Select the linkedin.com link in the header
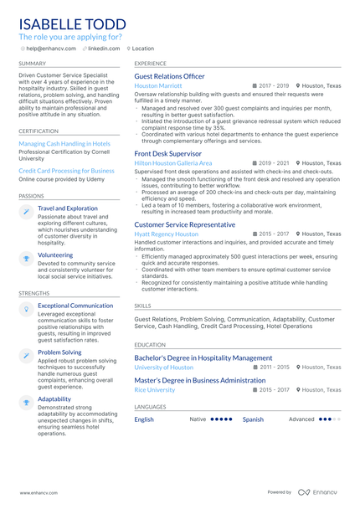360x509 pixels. pos(104,49)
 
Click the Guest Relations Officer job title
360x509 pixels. pos(169,76)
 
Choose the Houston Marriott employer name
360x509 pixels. pos(157,85)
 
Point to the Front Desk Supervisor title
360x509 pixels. pos(167,153)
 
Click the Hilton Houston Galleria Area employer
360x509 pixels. pos(172,163)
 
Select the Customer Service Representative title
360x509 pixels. pos(184,224)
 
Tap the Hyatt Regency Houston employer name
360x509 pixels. pos(166,234)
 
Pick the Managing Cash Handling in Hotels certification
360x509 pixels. pos(64,143)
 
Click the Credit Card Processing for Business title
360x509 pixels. pos(66,170)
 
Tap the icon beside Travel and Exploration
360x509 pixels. pos(27,212)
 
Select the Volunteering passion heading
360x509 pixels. pos(55,254)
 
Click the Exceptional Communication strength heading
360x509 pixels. pos(75,306)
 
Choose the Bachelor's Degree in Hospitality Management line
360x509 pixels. pos(203,357)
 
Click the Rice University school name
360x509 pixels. pos(154,390)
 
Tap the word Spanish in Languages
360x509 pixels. pos(253,419)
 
